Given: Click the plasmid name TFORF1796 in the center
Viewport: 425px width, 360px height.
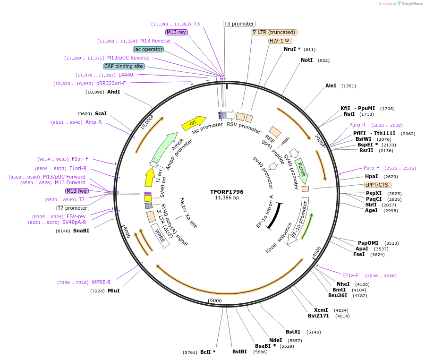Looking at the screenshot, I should point(227,192).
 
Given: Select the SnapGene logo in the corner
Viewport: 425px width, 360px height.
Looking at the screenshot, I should point(410,4).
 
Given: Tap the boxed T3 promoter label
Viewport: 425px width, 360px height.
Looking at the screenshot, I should point(239,24).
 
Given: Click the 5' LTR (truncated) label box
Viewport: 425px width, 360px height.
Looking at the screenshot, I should point(273,32).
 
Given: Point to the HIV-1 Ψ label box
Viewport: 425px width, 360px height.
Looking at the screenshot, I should point(280,41).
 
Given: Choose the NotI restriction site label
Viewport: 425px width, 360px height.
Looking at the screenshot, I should point(306,60).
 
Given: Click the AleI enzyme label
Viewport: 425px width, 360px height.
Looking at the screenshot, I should point(331,86).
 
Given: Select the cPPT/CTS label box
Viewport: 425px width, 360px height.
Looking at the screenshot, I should point(377,185).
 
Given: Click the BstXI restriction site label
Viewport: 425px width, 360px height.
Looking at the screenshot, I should point(293,332).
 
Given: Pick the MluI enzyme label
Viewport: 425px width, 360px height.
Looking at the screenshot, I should point(114,291).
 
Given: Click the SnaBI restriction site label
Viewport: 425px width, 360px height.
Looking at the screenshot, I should point(81,231).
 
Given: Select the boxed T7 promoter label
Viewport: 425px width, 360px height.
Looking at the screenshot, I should point(73,208).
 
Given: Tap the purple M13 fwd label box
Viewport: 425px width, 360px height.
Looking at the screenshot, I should point(77,191).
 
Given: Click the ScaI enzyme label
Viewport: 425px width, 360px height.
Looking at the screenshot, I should point(101,114).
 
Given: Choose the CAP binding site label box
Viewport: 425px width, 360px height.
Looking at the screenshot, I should point(124,66).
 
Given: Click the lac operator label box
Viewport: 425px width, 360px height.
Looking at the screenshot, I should point(148,49).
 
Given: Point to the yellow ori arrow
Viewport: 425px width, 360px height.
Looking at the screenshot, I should point(194,123).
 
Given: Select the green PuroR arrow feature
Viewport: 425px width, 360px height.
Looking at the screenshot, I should point(301,171).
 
